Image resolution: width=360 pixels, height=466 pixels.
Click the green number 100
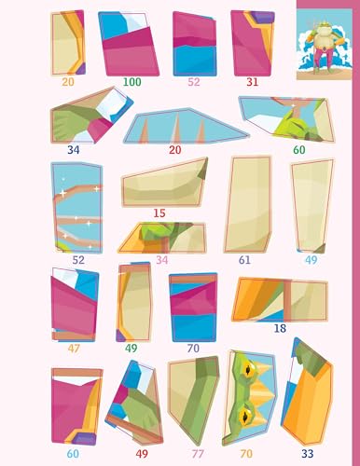(x=132, y=82)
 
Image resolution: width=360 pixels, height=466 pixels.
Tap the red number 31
(x=252, y=81)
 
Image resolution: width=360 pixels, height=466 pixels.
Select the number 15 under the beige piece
(x=159, y=212)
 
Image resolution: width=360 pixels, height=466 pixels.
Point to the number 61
(x=244, y=260)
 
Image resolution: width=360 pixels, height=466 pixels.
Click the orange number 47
(x=73, y=349)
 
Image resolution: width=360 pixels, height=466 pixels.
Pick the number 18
(x=280, y=328)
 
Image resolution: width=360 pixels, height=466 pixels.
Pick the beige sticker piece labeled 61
(x=247, y=205)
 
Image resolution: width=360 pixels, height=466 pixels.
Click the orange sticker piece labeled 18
(x=280, y=299)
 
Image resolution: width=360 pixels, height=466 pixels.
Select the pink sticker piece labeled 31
(x=251, y=42)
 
